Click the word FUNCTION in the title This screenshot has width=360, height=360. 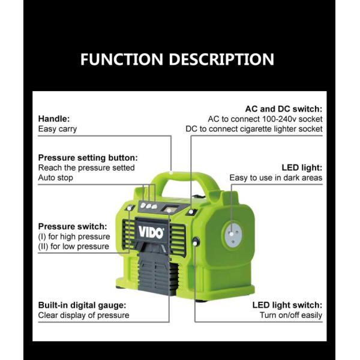tap(122, 59)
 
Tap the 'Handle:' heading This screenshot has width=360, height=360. tap(54, 118)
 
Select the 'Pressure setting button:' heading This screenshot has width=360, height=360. tap(88, 158)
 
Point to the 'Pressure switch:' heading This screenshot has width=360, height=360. tap(73, 226)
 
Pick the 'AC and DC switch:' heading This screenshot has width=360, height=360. tap(283, 109)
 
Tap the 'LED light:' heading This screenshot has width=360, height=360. tap(302, 167)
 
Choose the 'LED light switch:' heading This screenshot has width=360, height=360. tap(287, 305)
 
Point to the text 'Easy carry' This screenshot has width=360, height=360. tap(58, 128)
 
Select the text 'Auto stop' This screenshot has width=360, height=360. tap(56, 178)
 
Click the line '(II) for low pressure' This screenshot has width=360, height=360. tap(73, 246)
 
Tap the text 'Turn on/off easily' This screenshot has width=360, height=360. tap(290, 315)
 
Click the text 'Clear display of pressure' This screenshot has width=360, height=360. tap(83, 315)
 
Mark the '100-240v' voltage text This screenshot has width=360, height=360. tap(275, 119)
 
